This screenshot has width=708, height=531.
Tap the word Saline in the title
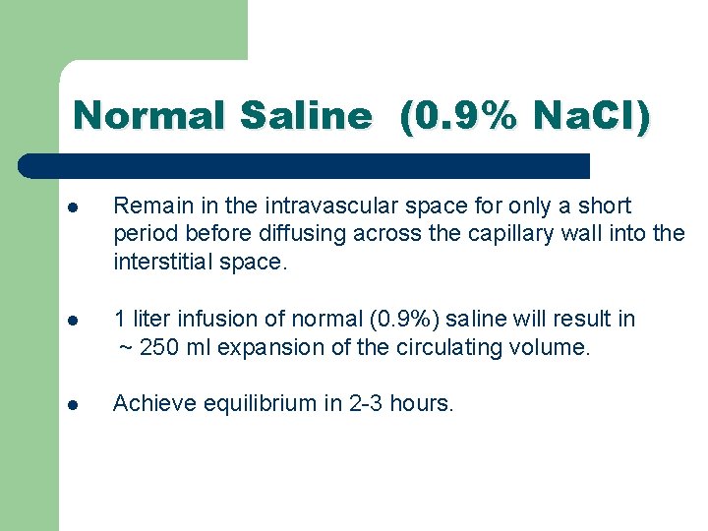[306, 116]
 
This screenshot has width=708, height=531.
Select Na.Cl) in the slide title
[590, 116]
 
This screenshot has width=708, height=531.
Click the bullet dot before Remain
[73, 207]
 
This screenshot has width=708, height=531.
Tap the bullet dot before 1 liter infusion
[73, 321]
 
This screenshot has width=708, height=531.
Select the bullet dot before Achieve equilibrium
[73, 404]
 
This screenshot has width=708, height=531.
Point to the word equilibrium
[259, 403]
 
